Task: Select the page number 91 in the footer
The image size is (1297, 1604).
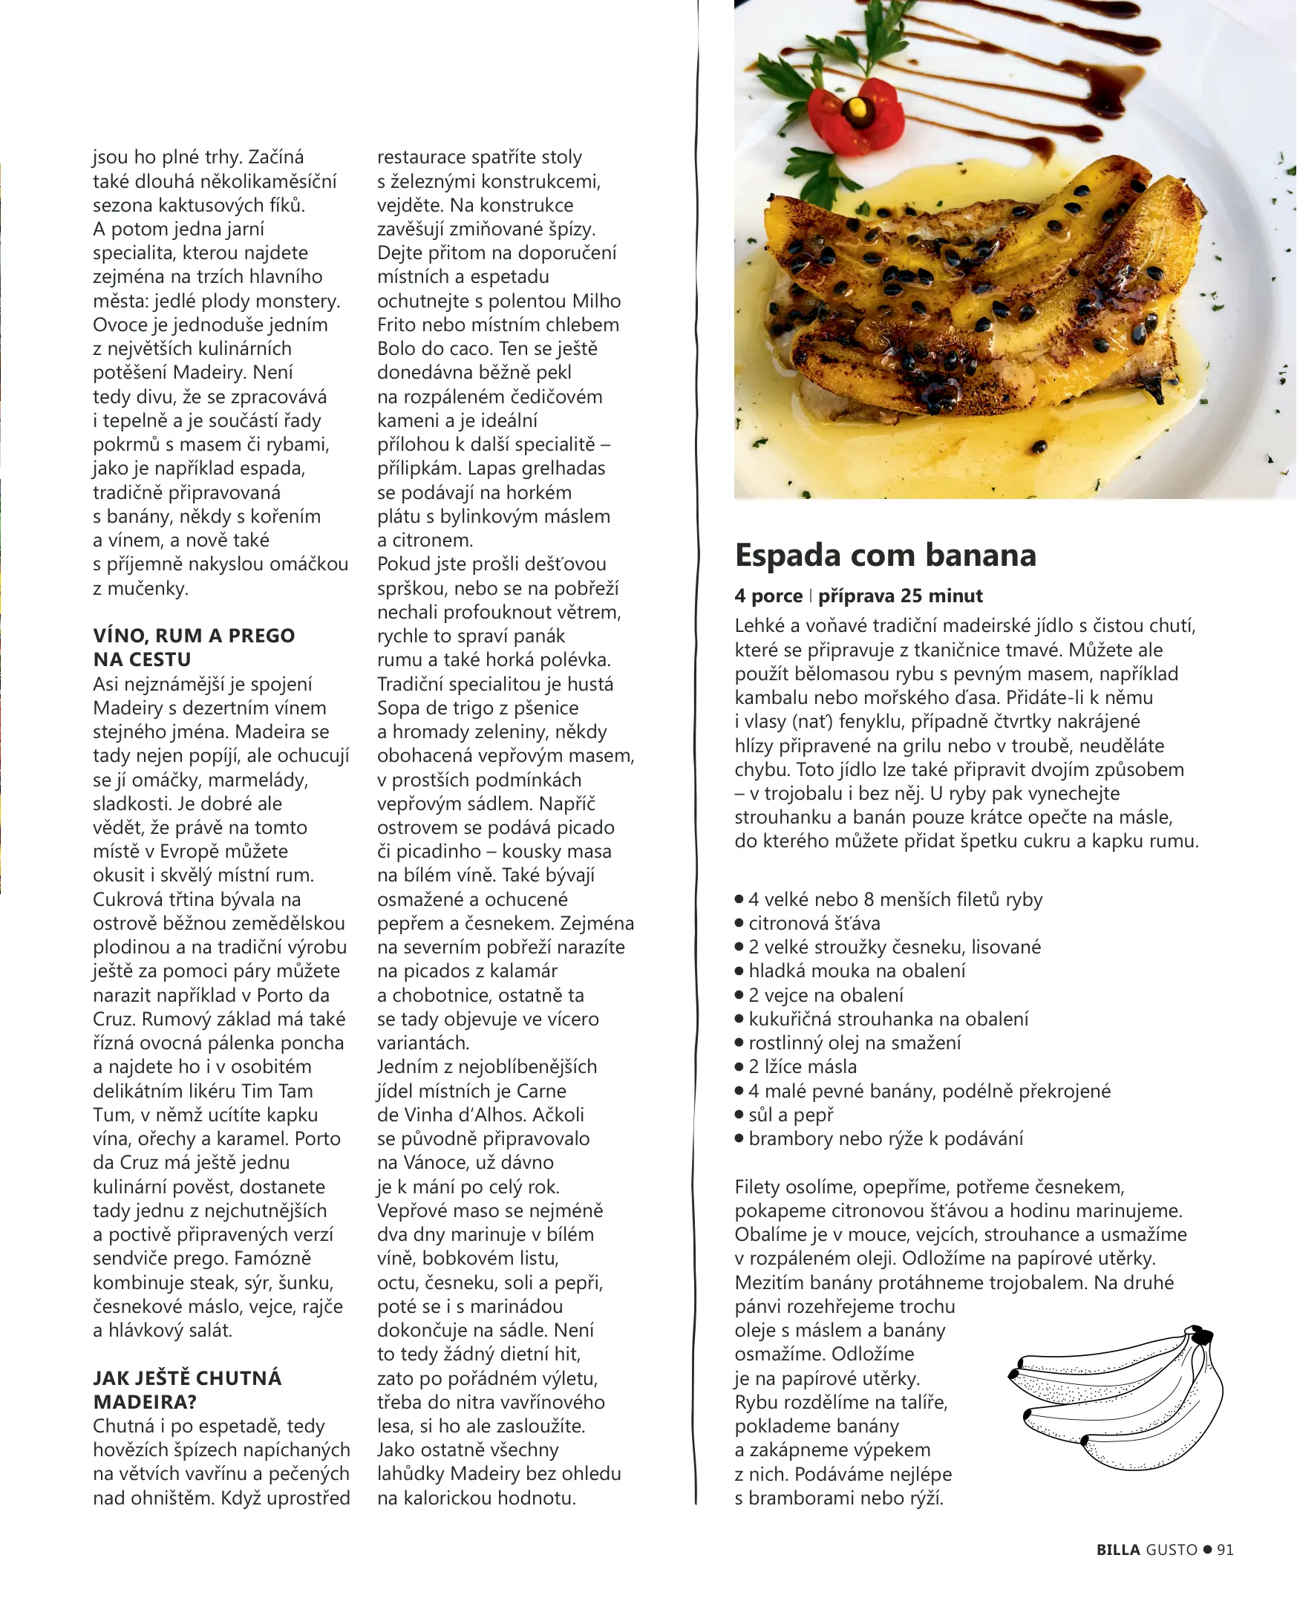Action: (x=1225, y=1550)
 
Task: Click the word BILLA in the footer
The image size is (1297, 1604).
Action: (x=1117, y=1550)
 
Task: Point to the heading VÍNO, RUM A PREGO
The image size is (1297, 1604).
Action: (x=195, y=636)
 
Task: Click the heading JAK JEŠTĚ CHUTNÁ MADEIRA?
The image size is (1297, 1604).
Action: (x=187, y=1389)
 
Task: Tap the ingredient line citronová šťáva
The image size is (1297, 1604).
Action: (x=814, y=923)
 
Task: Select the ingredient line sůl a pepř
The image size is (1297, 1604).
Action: (x=791, y=1115)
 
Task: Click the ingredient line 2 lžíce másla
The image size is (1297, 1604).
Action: (x=803, y=1067)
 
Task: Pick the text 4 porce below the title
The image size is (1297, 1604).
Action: (x=769, y=596)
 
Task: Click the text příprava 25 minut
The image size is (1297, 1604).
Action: (x=901, y=596)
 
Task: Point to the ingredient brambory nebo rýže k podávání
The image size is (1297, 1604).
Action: (x=886, y=1138)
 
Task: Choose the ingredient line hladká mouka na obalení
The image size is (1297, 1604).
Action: (x=857, y=971)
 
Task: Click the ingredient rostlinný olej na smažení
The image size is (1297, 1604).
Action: (x=855, y=1043)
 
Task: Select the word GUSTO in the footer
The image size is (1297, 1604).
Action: (x=1172, y=1550)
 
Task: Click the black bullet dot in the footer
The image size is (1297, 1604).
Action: (x=1207, y=1550)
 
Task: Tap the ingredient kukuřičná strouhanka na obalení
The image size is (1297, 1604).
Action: (x=889, y=1019)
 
